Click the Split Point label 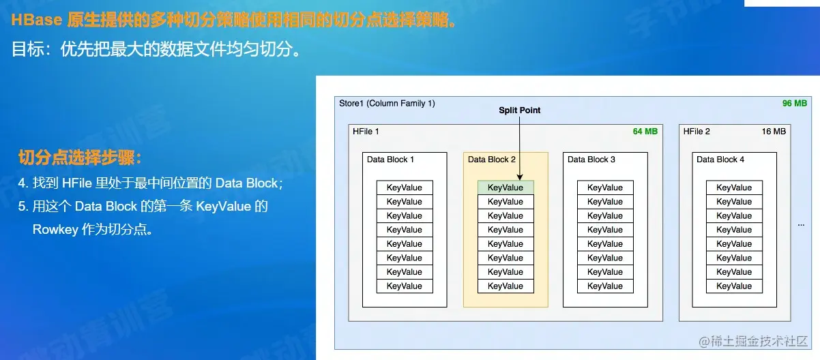(519, 110)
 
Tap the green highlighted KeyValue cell (506, 187)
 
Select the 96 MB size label (794, 103)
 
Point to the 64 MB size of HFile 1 (645, 131)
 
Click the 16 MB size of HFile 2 (774, 131)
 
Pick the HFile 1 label (366, 131)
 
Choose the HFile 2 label (697, 131)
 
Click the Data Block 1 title (390, 160)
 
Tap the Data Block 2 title (492, 160)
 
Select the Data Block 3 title (591, 160)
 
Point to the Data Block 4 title (720, 160)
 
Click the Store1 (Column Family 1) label (387, 103)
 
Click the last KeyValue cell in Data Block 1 (405, 286)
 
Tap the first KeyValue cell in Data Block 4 (734, 187)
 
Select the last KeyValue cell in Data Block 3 (605, 286)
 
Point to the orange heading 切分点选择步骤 (80, 159)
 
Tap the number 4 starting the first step (22, 183)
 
